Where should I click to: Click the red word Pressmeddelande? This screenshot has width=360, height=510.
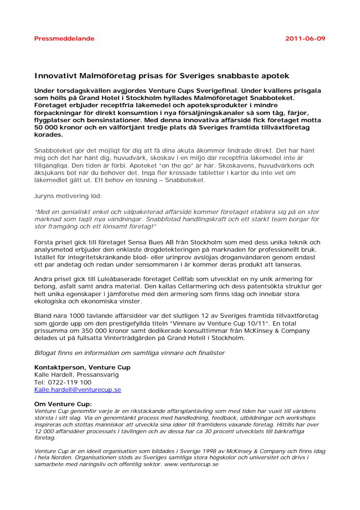pyautogui.click(x=64, y=39)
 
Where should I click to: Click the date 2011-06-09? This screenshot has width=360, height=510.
pyautogui.click(x=305, y=39)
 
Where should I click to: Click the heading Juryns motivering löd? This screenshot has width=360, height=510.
pyautogui.click(x=64, y=197)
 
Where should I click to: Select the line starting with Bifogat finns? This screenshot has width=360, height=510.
pyautogui.click(x=130, y=353)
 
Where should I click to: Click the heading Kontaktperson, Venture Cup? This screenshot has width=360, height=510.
pyautogui.click(x=82, y=368)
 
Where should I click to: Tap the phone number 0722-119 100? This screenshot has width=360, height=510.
pyautogui.click(x=69, y=382)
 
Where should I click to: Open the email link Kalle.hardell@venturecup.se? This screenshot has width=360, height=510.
pyautogui.click(x=77, y=389)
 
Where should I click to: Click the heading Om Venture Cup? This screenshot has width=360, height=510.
pyautogui.click(x=63, y=404)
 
